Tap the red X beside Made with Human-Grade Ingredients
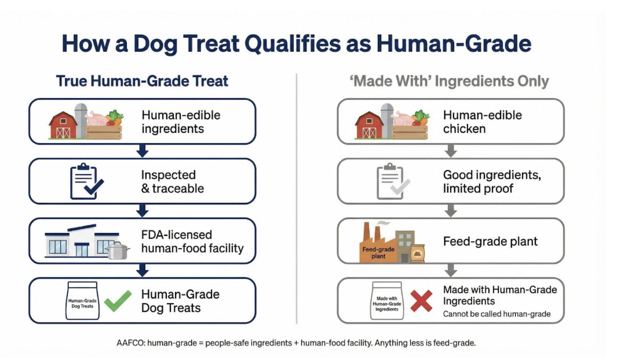tap(422, 301)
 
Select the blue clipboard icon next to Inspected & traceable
tap(86, 181)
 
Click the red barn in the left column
tap(63, 125)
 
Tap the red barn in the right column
tap(369, 125)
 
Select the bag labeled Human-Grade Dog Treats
tap(82, 301)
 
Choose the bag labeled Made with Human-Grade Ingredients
tap(387, 301)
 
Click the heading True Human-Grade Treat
tap(142, 81)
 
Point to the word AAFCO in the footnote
tap(131, 343)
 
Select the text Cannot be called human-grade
tap(496, 314)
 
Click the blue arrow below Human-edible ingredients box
tap(143, 151)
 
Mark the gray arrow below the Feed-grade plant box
tap(450, 270)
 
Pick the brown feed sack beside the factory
tap(417, 252)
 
